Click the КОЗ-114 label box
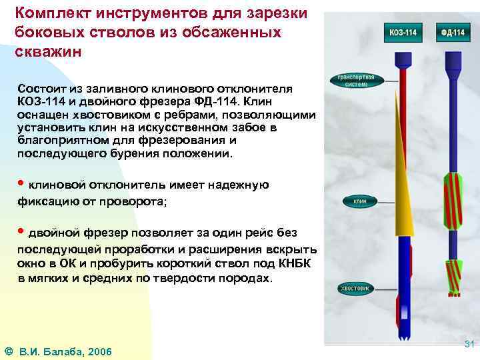click(x=404, y=32)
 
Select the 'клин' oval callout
click(x=360, y=201)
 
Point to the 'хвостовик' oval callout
click(x=356, y=289)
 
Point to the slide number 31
click(x=468, y=344)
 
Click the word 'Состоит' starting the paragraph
click(x=42, y=88)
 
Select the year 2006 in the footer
click(x=98, y=351)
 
